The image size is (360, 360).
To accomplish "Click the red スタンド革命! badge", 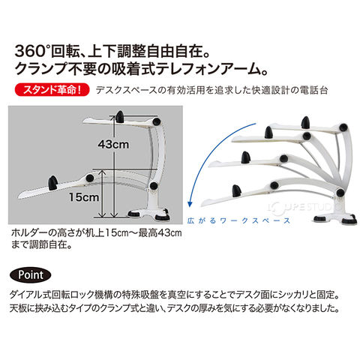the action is click(52, 90).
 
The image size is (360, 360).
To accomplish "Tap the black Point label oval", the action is click(31, 275).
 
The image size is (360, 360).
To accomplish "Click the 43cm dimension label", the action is click(113, 144).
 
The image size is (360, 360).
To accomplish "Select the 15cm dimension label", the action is click(84, 197).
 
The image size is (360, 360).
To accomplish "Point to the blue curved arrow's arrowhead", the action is click(190, 203).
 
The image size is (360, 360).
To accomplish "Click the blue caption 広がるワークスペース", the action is click(238, 220).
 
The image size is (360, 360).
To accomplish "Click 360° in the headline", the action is click(31, 51).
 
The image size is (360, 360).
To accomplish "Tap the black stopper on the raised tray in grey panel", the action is click(120, 116).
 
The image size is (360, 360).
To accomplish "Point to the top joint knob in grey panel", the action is click(157, 121).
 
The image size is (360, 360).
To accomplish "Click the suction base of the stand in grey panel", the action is click(148, 214).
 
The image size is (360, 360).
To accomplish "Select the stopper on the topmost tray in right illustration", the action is click(305, 123).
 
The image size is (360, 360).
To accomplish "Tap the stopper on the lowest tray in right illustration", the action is click(237, 190).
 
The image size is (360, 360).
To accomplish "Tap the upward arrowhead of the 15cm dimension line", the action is click(102, 172).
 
